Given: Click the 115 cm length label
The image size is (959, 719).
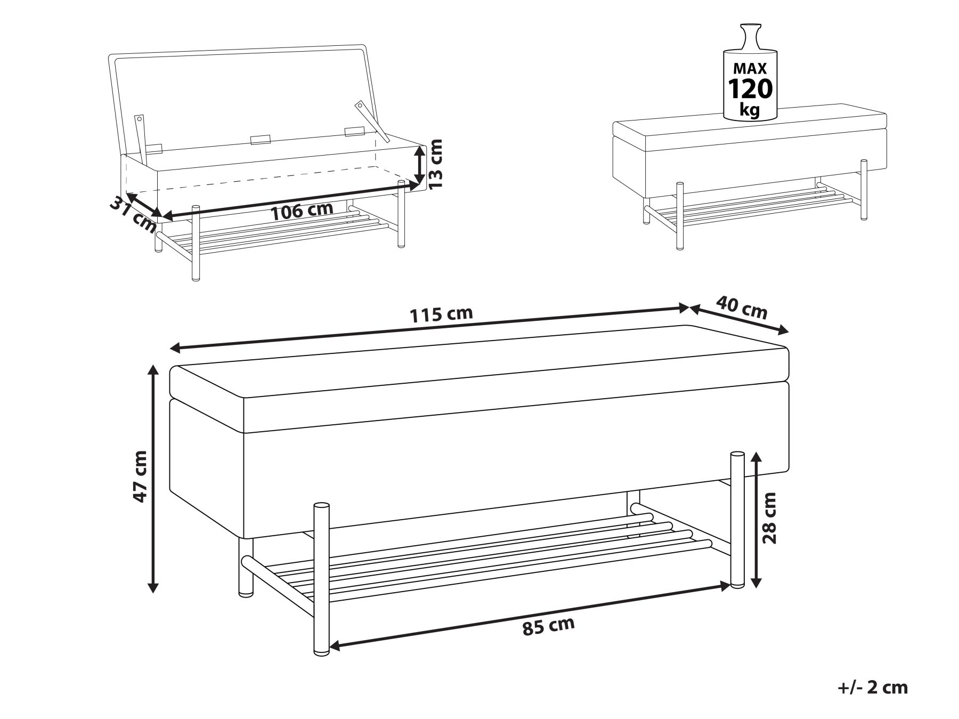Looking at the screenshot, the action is (x=441, y=314).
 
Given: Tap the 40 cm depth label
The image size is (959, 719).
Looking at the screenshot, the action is (x=742, y=308).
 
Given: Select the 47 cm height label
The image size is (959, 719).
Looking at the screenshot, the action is (x=140, y=476).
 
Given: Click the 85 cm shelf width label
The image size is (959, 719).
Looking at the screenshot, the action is (x=548, y=626).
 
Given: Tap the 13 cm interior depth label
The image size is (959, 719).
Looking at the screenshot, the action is (x=436, y=164).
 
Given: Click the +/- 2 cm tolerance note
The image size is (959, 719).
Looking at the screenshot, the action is (x=872, y=688).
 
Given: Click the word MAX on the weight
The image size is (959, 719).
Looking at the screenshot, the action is (x=750, y=68).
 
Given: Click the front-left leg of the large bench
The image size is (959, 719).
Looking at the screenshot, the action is (x=321, y=578).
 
